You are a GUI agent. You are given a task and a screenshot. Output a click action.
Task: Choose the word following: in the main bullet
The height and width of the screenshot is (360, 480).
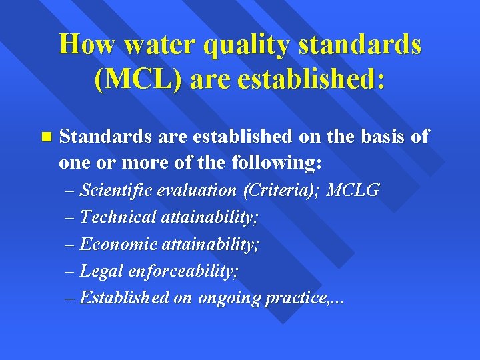[276, 163]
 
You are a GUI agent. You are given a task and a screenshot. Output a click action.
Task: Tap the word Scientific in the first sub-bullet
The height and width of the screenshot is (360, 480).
[115, 191]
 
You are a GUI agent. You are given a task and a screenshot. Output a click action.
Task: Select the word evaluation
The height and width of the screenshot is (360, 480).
[197, 191]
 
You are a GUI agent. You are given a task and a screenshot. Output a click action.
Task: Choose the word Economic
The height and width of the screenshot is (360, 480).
[113, 244]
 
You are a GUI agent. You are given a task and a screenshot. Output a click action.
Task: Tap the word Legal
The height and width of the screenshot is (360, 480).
[100, 271]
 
